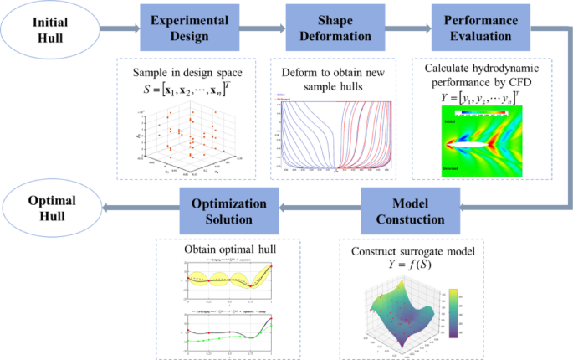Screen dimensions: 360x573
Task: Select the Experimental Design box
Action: pyautogui.click(x=177, y=30)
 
